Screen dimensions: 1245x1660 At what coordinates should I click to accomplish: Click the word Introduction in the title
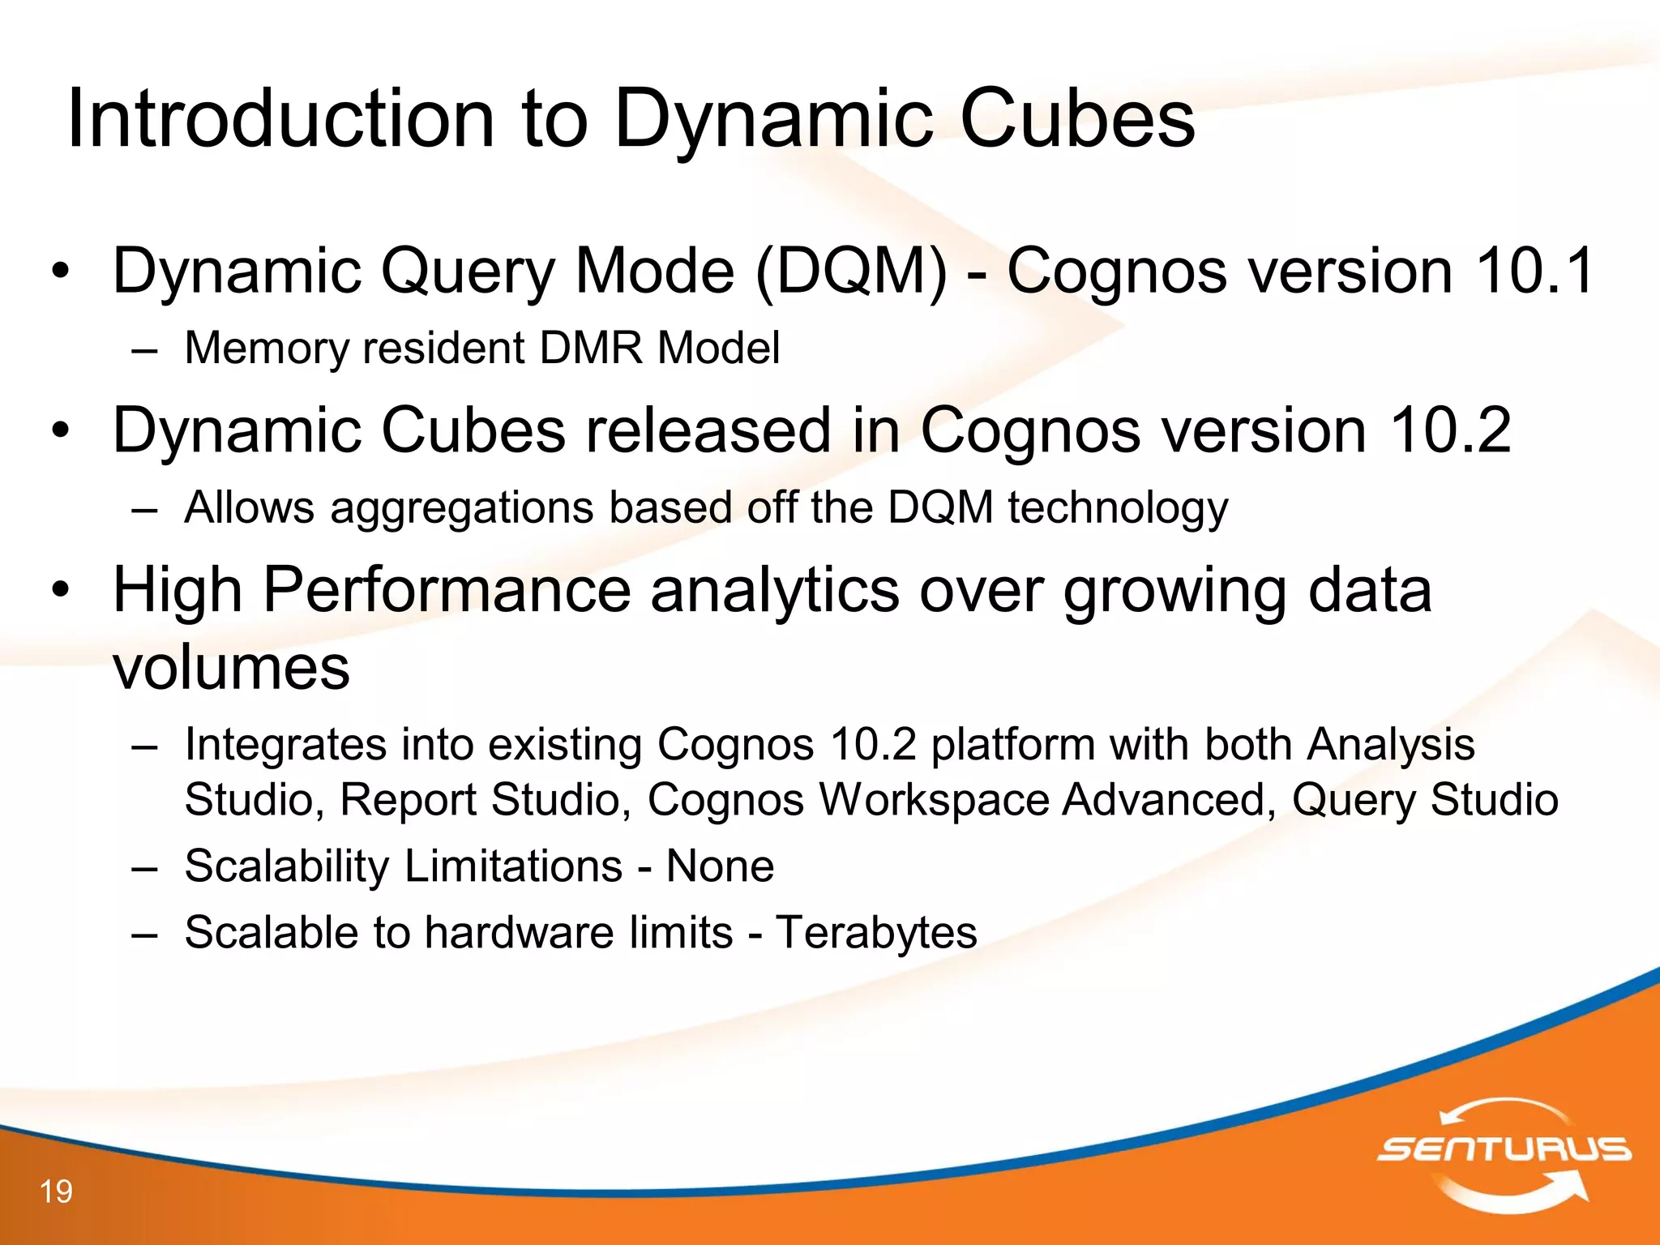click(280, 119)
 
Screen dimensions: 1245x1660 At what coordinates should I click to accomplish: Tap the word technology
click(1118, 509)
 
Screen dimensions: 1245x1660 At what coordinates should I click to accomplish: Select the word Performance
click(447, 590)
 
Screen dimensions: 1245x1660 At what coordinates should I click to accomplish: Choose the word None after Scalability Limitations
click(720, 866)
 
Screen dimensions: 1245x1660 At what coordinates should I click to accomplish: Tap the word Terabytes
click(876, 932)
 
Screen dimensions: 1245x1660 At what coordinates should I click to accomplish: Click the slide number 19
click(56, 1192)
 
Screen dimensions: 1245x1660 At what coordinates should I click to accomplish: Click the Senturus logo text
click(1504, 1149)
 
